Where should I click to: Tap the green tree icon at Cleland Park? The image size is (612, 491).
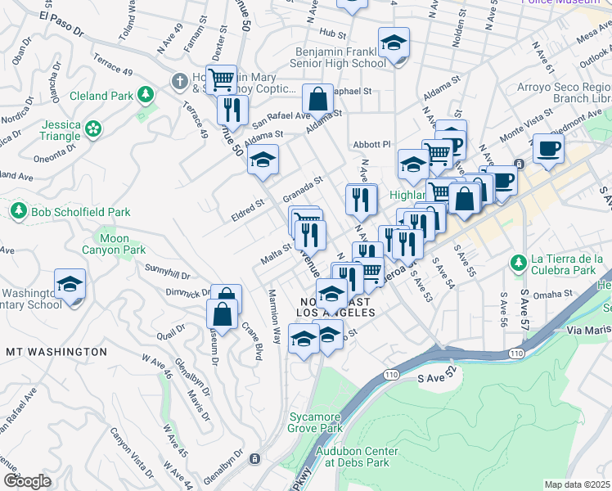click(146, 95)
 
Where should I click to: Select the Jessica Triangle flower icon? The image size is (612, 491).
click(94, 128)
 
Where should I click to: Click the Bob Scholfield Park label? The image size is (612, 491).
click(80, 212)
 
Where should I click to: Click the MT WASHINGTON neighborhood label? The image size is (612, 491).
click(56, 351)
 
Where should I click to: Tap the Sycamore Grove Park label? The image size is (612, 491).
click(315, 422)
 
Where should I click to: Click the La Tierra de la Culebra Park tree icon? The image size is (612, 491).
click(517, 263)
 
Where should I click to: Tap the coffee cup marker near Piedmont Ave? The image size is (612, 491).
click(548, 149)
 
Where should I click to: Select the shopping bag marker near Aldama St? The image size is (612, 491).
click(317, 99)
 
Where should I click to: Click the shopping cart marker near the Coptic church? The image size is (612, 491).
click(221, 80)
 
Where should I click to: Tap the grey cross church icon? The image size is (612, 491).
click(179, 81)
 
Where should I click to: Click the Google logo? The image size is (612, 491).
click(26, 481)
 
